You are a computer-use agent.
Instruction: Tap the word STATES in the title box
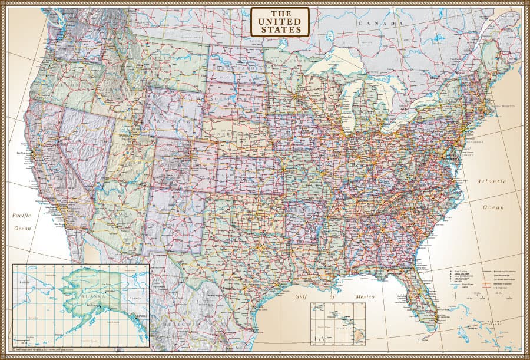[280, 29]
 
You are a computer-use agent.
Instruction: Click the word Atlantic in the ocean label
[491, 181]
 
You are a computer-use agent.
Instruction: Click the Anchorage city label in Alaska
[94, 305]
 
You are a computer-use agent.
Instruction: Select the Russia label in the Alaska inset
[24, 283]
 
